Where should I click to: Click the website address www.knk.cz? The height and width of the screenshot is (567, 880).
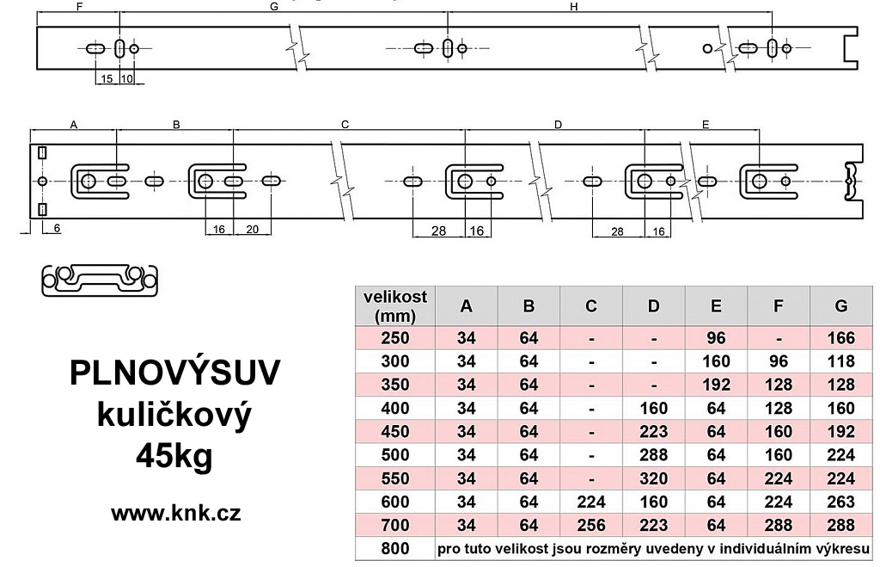coord(175,513)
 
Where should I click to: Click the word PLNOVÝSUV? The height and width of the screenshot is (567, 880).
coord(174,373)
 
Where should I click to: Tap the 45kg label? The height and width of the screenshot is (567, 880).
coord(174,456)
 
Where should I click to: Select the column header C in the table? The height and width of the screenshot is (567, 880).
coord(591,305)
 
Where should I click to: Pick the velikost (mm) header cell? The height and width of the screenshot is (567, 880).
coord(395,305)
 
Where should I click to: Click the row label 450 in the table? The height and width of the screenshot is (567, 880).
coord(395,432)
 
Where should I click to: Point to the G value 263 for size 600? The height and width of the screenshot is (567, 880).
coord(840,502)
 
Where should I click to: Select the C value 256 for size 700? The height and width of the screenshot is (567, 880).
coord(591,526)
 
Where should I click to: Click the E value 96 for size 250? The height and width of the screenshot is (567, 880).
coord(716,338)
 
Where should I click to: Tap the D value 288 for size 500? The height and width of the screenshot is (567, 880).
coord(653,455)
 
